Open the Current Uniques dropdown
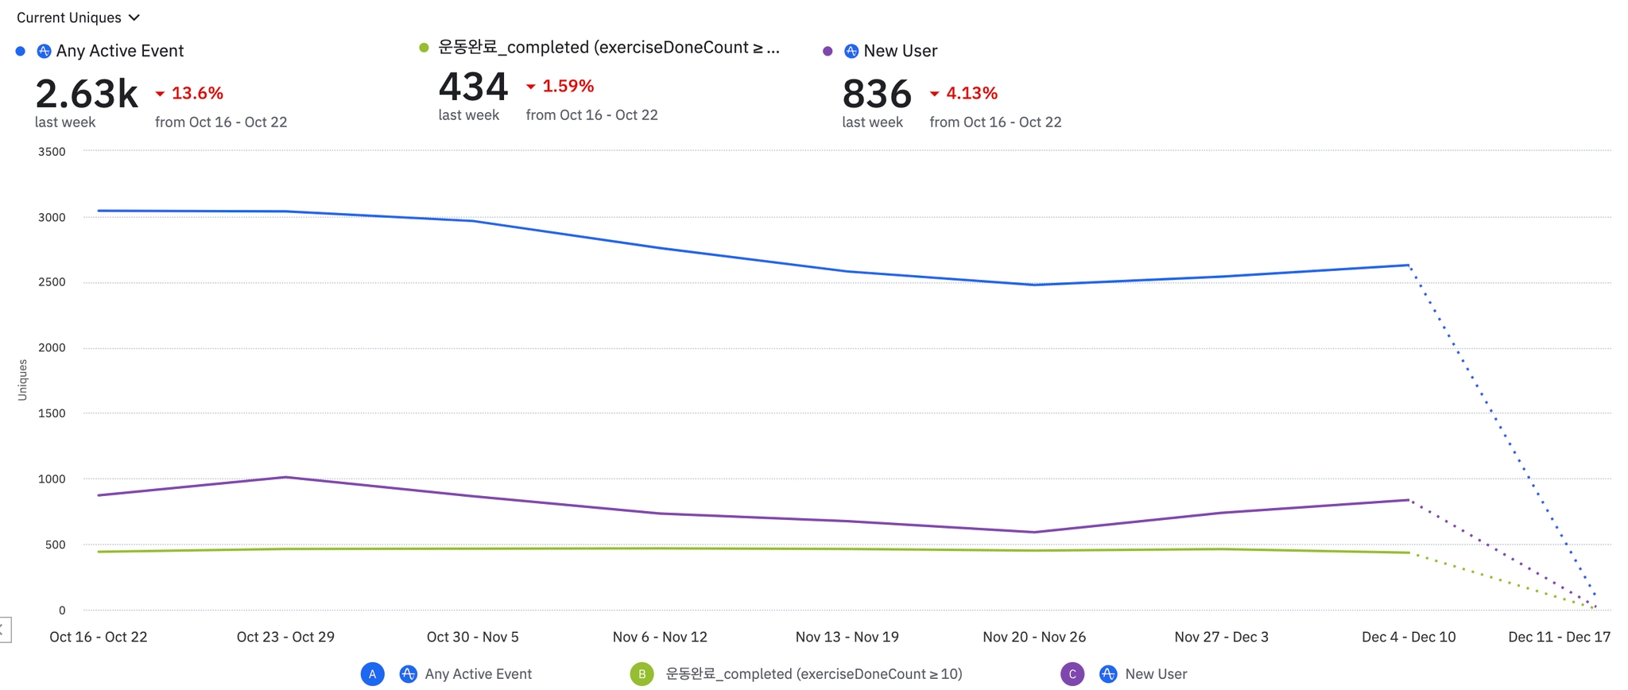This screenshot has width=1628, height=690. click(78, 17)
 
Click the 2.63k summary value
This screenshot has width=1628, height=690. click(87, 94)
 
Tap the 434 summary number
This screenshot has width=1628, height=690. click(473, 87)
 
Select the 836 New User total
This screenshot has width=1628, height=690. click(877, 94)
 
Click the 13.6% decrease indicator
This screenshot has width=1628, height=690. click(190, 94)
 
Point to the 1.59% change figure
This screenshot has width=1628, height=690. click(560, 87)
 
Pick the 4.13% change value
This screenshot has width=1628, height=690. click(964, 94)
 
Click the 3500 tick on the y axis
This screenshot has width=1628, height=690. click(52, 152)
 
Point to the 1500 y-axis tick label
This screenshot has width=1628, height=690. click(52, 413)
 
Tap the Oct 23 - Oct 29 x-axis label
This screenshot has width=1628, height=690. click(285, 637)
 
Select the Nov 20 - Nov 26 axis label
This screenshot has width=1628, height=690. click(1034, 637)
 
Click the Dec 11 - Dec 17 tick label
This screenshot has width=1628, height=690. click(1559, 637)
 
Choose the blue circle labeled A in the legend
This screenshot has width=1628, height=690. click(372, 674)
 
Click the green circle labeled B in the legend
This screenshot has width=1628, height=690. click(642, 674)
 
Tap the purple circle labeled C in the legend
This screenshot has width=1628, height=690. click(1072, 674)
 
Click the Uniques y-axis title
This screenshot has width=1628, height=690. click(22, 380)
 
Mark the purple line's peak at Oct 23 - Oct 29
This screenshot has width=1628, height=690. click(285, 477)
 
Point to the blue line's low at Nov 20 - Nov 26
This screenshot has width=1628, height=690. click(1034, 285)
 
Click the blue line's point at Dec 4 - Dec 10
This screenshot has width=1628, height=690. click(1409, 266)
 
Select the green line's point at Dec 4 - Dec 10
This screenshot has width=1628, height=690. click(1409, 552)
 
